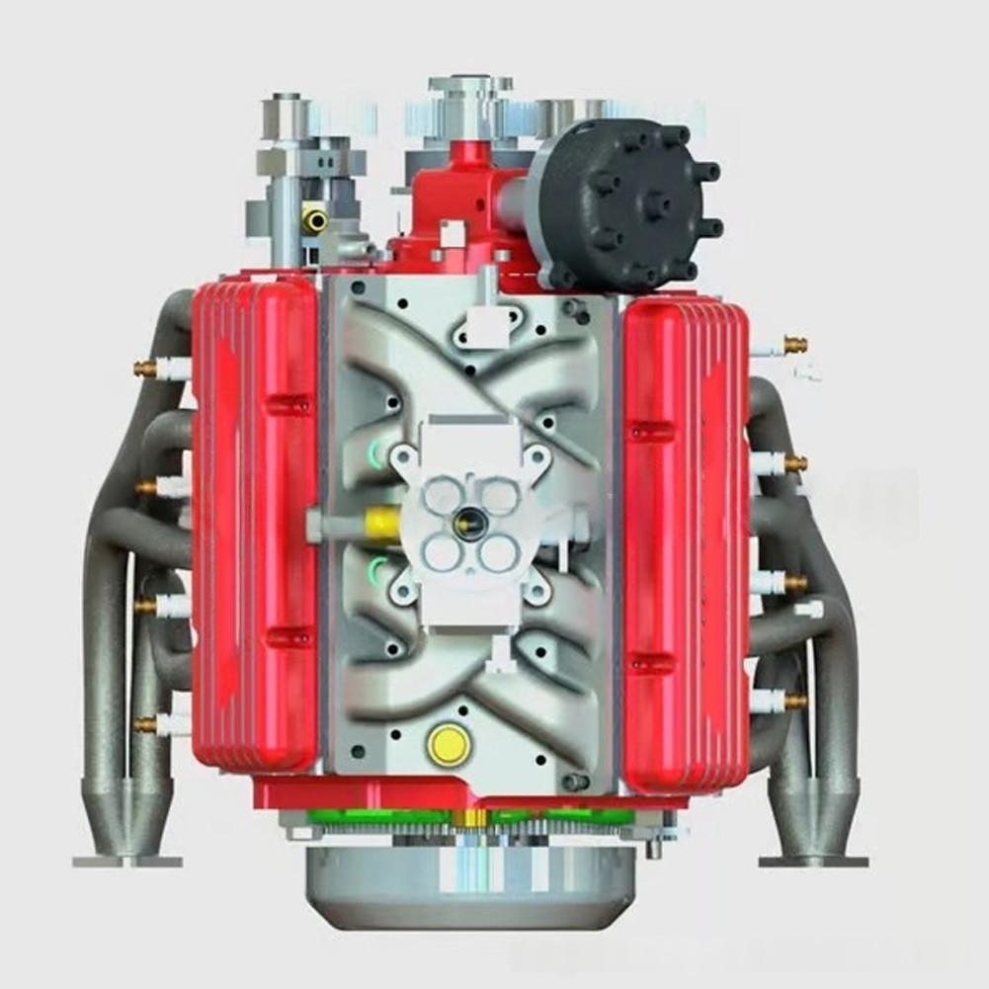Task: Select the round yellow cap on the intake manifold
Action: click(448, 744)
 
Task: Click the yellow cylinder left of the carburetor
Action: click(377, 520)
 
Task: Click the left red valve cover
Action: click(255, 524)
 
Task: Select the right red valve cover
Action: click(683, 543)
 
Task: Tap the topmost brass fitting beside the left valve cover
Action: click(146, 368)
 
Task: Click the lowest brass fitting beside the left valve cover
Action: click(146, 725)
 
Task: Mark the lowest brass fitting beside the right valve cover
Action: click(793, 701)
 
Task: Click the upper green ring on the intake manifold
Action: click(377, 453)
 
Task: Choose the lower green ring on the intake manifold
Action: click(377, 569)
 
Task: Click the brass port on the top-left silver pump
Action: click(316, 218)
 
